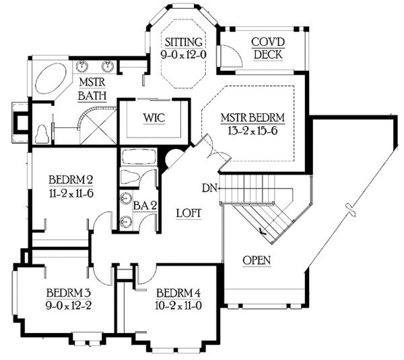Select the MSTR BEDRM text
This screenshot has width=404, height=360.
click(253, 117)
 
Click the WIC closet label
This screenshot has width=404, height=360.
click(153, 117)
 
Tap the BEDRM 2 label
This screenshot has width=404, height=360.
click(69, 180)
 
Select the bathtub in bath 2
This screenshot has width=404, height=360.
click(137, 158)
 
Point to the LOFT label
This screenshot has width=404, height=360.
click(189, 212)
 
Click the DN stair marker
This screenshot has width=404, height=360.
click(208, 188)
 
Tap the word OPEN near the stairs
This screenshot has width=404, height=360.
click(257, 260)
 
